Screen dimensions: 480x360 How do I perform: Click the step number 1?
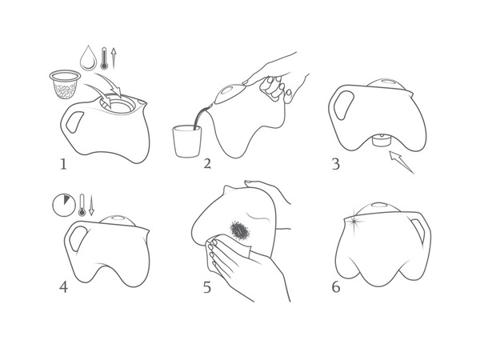[x=63, y=164]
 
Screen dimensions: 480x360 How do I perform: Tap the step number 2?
[x=207, y=164]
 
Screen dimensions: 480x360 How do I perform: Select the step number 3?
[x=336, y=164]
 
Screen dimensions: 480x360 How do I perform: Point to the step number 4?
[x=63, y=287]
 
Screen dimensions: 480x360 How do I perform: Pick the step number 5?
[x=207, y=287]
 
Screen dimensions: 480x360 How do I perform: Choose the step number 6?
[x=336, y=287]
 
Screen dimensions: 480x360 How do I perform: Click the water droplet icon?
[x=89, y=58]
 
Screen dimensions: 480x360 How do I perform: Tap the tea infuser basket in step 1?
[x=65, y=85]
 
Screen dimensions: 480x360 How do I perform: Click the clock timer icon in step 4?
[x=64, y=205]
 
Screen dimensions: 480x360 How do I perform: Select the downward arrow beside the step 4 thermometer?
[x=91, y=205]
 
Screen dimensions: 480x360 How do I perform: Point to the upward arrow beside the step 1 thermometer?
[x=114, y=58]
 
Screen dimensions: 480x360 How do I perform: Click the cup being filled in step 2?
[x=187, y=141]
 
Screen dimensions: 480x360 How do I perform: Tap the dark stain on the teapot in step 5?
[x=240, y=230]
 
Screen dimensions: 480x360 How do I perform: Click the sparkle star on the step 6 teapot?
[x=354, y=221]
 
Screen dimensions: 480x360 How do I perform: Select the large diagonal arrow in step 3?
[x=402, y=162]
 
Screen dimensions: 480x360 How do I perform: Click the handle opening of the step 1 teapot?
[x=74, y=122]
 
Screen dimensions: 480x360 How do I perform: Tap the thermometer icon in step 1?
[x=104, y=58]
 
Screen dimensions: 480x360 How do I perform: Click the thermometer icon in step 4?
[x=82, y=205]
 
